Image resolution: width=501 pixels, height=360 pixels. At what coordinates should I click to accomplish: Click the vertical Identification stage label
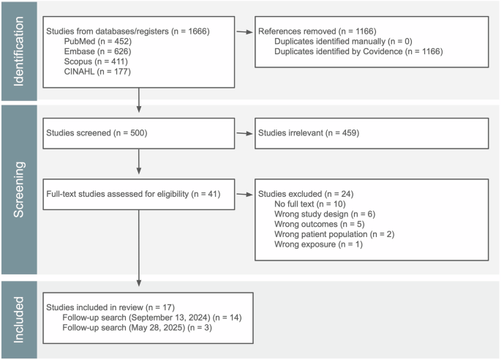coord(18,49)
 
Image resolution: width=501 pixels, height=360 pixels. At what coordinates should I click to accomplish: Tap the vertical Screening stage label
coord(18,190)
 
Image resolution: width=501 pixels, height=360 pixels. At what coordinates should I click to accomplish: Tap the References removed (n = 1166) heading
coord(307,32)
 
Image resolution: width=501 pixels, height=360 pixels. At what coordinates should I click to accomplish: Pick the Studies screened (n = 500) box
coord(139,133)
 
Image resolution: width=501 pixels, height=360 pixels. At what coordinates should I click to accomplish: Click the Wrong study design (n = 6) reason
coord(316,214)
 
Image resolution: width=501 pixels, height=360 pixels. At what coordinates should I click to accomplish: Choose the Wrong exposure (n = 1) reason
coord(311,244)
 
